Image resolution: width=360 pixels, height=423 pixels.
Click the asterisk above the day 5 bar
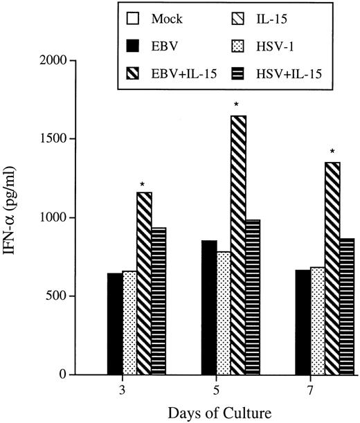(x=237, y=106)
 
